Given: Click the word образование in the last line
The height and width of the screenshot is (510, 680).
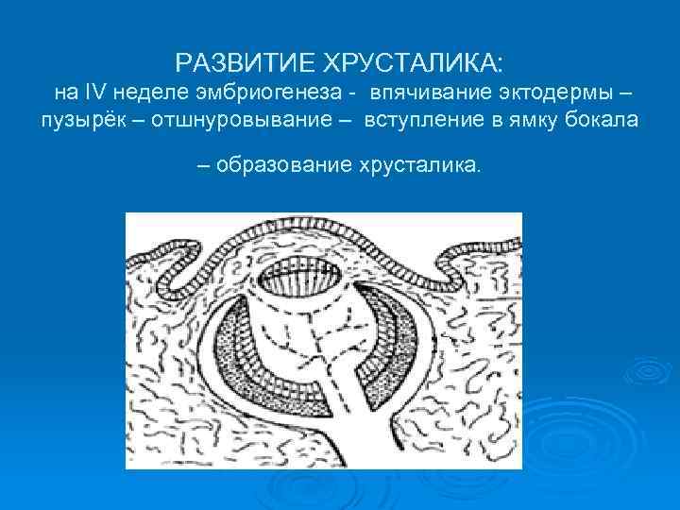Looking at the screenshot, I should coord(280,165).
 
